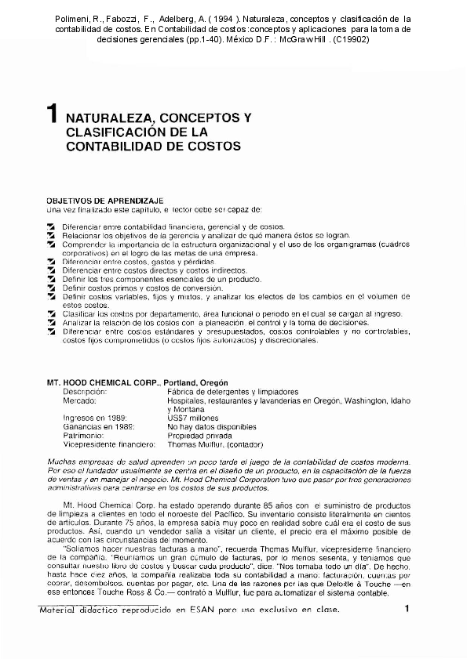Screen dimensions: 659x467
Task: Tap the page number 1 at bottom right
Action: click(x=407, y=609)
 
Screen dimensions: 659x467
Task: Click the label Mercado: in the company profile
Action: click(x=80, y=400)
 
